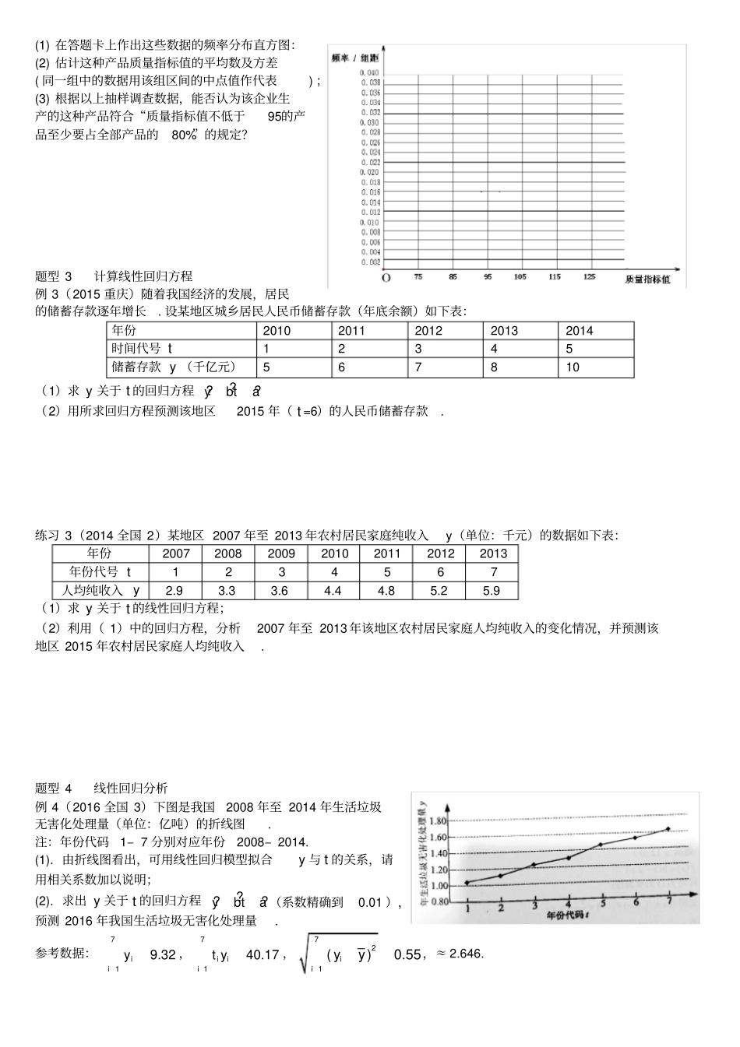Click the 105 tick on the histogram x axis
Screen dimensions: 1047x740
pyautogui.click(x=520, y=277)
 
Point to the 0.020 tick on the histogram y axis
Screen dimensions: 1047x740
pyautogui.click(x=371, y=172)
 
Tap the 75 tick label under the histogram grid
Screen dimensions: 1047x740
pyautogui.click(x=418, y=277)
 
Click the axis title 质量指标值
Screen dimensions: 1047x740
pyautogui.click(x=647, y=279)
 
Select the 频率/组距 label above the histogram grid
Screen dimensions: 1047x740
pyautogui.click(x=354, y=58)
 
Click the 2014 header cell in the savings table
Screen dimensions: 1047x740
pyautogui.click(x=580, y=330)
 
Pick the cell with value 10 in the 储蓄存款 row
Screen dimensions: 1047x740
pyautogui.click(x=573, y=367)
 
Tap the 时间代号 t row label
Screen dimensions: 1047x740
pyautogui.click(x=142, y=349)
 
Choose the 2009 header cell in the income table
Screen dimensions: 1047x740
pyautogui.click(x=281, y=553)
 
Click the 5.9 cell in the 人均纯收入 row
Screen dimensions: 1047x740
pyautogui.click(x=492, y=590)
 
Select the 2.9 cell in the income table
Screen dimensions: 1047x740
pyautogui.click(x=174, y=590)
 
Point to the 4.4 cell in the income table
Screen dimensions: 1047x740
pyautogui.click(x=333, y=590)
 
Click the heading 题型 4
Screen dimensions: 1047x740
pyautogui.click(x=54, y=788)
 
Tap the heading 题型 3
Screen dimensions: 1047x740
pyautogui.click(x=54, y=276)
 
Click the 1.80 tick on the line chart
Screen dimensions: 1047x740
pyautogui.click(x=439, y=821)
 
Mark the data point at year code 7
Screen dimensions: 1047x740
pyautogui.click(x=668, y=829)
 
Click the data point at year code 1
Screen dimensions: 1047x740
pyautogui.click(x=467, y=883)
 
